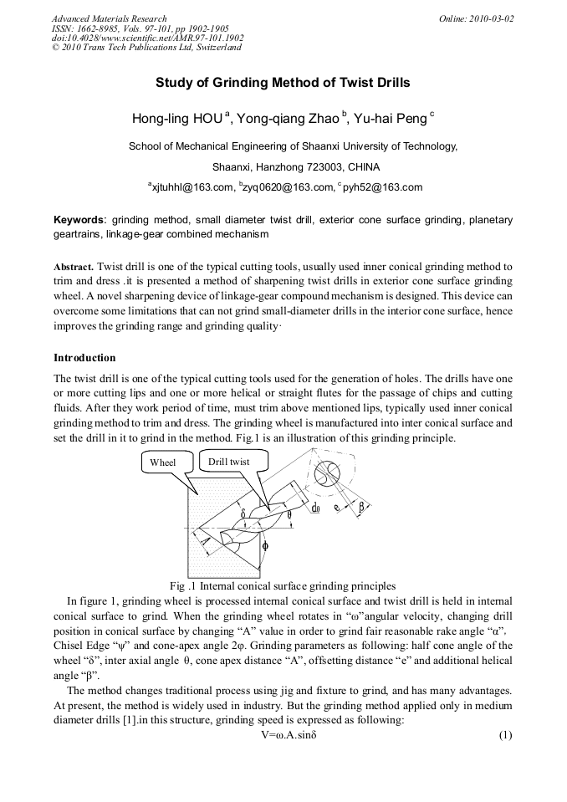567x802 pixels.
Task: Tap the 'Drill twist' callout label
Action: click(x=229, y=461)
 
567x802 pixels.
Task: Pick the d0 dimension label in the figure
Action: click(x=315, y=508)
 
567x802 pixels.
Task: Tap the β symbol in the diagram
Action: click(x=361, y=507)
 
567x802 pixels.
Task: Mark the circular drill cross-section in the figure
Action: click(x=327, y=473)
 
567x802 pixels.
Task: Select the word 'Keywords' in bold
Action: click(x=79, y=220)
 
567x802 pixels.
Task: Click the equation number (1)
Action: click(x=504, y=735)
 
